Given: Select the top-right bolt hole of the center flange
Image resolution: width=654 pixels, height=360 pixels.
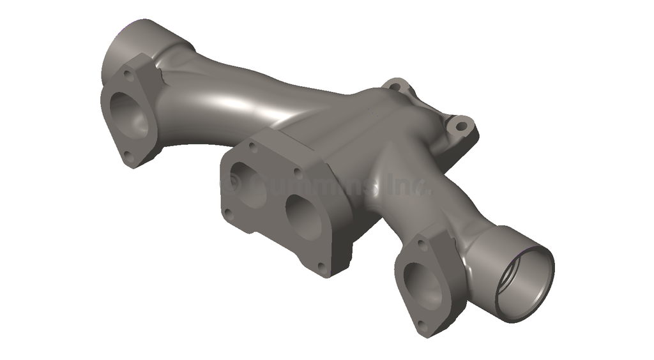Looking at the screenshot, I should click(x=297, y=172).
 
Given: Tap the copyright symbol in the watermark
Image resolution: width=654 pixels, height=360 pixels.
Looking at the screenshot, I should click(x=232, y=186).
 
